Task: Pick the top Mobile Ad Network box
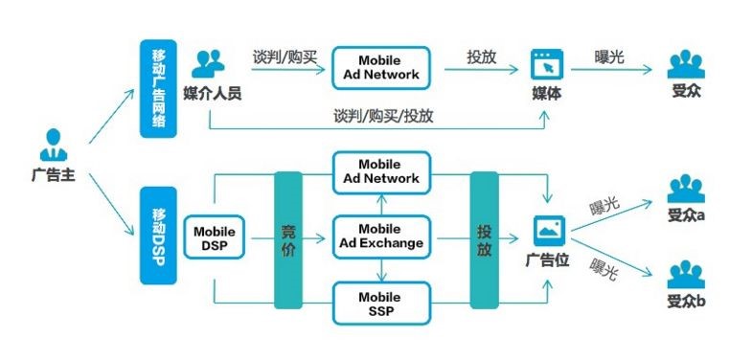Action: coord(382,67)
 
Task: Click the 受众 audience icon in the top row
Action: coord(685,65)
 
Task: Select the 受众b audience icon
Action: coord(685,276)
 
